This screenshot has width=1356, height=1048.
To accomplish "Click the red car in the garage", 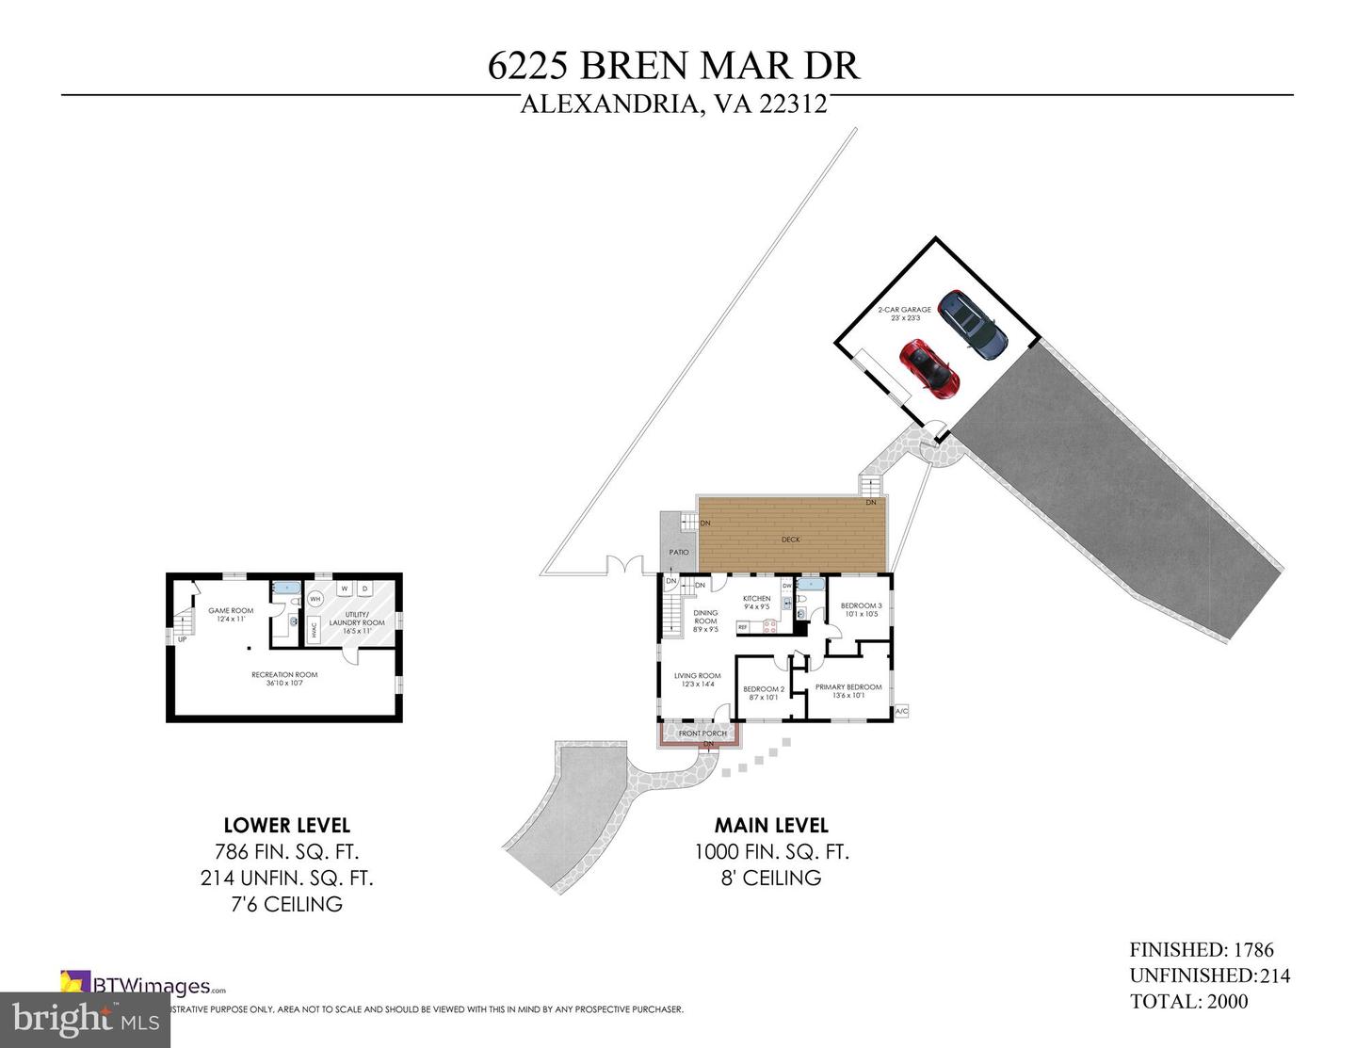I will tap(928, 368).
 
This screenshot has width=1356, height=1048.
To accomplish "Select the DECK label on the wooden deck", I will tap(791, 540).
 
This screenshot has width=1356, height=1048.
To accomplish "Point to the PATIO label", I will tap(678, 553).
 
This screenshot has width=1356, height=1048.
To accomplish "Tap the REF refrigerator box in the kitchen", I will tap(743, 627).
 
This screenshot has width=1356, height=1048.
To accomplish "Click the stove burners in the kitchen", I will tap(769, 626).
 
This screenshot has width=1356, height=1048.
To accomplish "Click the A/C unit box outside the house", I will tap(901, 711).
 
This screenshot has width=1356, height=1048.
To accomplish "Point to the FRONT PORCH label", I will tap(702, 734).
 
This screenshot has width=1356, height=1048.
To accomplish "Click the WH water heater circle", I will tap(315, 599).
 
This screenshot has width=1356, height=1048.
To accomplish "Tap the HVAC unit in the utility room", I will tap(314, 633).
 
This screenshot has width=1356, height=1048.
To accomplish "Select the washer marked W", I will tap(344, 589).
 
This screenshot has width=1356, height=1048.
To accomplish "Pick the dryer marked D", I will tap(364, 589).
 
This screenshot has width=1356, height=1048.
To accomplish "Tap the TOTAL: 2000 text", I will tap(1188, 1001).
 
